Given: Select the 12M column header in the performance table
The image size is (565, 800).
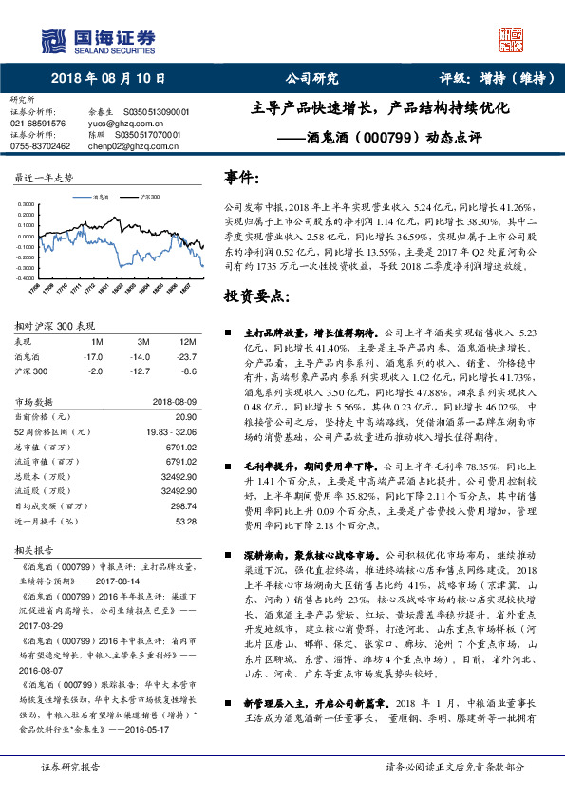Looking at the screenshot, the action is (187, 341).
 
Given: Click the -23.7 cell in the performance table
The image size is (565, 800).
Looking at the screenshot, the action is (187, 356).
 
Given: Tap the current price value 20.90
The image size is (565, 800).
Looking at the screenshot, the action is (186, 416).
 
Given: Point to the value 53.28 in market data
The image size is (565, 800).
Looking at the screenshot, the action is (186, 522).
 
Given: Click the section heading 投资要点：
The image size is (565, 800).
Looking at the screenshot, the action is (255, 296).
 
